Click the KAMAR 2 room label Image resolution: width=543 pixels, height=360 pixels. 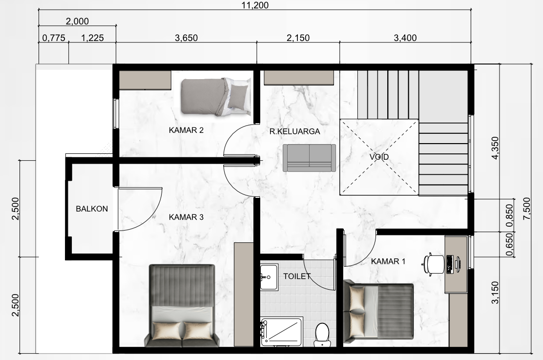click(x=186, y=130)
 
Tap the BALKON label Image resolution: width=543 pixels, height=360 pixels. click(x=92, y=209)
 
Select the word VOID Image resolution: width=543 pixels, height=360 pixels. click(x=379, y=157)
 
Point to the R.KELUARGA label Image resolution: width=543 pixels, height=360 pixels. click(x=295, y=131)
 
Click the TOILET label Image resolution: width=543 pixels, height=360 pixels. click(x=297, y=276)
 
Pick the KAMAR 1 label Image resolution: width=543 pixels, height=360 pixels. click(x=388, y=261)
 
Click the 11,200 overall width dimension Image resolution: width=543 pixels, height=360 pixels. click(x=255, y=5)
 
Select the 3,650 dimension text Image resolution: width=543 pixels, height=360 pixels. click(x=187, y=38)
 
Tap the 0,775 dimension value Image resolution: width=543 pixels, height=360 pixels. click(x=54, y=38)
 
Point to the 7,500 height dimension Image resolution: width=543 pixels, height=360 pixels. click(x=527, y=209)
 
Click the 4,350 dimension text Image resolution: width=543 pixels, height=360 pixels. click(x=495, y=148)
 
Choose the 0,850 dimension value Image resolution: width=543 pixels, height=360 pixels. click(x=509, y=215)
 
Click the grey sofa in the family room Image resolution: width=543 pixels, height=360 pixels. click(x=309, y=158)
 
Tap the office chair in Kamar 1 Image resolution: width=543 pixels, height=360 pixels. click(x=433, y=264)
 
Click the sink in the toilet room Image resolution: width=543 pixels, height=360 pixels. click(x=269, y=277)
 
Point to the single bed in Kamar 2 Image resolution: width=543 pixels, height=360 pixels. click(x=216, y=97)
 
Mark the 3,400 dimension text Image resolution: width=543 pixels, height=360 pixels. click(x=405, y=38)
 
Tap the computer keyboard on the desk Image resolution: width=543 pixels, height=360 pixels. click(x=450, y=264)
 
